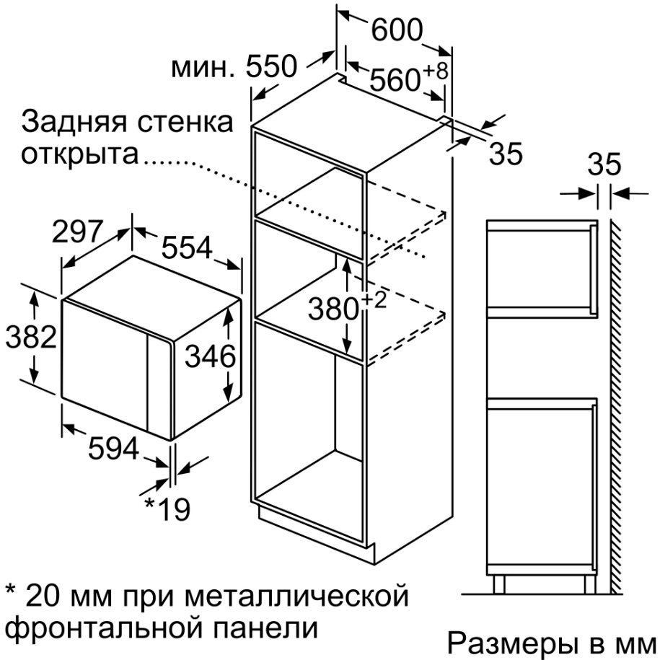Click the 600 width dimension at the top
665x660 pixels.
click(x=397, y=30)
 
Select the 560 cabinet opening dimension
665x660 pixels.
click(x=395, y=79)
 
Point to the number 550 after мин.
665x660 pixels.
click(x=271, y=66)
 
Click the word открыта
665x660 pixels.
click(x=80, y=154)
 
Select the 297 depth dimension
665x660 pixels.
click(x=78, y=232)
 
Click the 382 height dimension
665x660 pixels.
click(x=31, y=337)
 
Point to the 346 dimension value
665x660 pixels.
click(x=211, y=356)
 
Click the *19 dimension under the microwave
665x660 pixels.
click(x=167, y=509)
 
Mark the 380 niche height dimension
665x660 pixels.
click(x=334, y=309)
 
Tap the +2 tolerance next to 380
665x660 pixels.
click(x=374, y=300)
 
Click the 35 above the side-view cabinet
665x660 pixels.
click(x=604, y=164)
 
